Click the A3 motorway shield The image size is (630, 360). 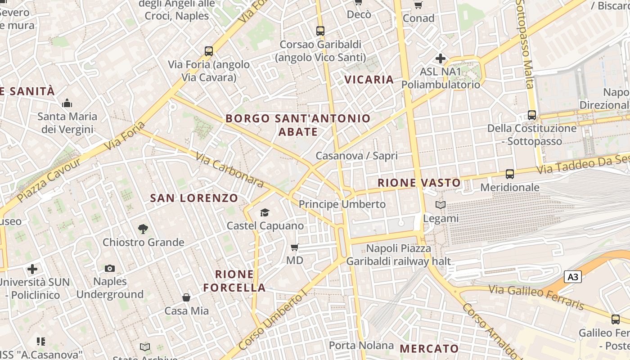coord(573,277)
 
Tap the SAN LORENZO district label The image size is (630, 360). coord(194,198)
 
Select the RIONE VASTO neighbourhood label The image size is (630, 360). coord(419,183)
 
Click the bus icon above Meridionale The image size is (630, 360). coord(510,174)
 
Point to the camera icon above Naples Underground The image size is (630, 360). coord(110,268)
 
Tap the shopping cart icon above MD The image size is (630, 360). coord(295,247)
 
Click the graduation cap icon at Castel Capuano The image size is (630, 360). coord(265,212)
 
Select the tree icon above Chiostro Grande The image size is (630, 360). coord(143,229)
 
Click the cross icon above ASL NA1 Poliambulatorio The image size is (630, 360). coord(441,58)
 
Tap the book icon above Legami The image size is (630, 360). coord(441,205)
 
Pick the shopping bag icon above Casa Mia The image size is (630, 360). coord(186,297)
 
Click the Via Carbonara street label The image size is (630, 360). coord(229,169)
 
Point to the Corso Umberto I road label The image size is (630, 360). coord(273,321)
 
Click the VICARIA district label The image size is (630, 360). coord(369,80)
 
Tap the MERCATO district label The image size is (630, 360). coord(429,348)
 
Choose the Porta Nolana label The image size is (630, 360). coord(361,345)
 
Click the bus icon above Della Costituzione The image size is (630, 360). coord(532,115)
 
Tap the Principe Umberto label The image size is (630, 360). coord(342,204)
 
